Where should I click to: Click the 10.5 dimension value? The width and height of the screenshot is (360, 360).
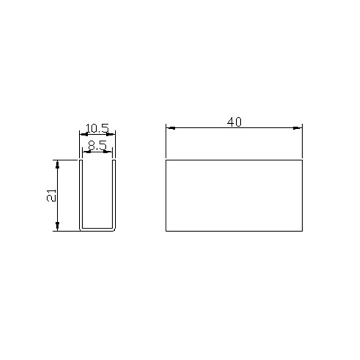tap(97, 129)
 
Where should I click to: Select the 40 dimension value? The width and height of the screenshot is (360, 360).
tap(234, 122)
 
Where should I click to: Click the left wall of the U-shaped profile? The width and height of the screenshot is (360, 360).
tap(81, 193)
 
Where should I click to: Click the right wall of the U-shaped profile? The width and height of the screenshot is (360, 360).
tap(114, 193)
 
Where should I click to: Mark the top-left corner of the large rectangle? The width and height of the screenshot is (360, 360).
tap(166, 160)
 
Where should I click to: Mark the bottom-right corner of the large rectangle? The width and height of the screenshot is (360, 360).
tap(302, 231)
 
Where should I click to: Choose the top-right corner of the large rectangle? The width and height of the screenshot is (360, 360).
tap(302, 160)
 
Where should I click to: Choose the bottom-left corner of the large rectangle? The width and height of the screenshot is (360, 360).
tap(166, 231)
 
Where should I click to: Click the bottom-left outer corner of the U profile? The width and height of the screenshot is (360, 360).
tap(80, 231)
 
